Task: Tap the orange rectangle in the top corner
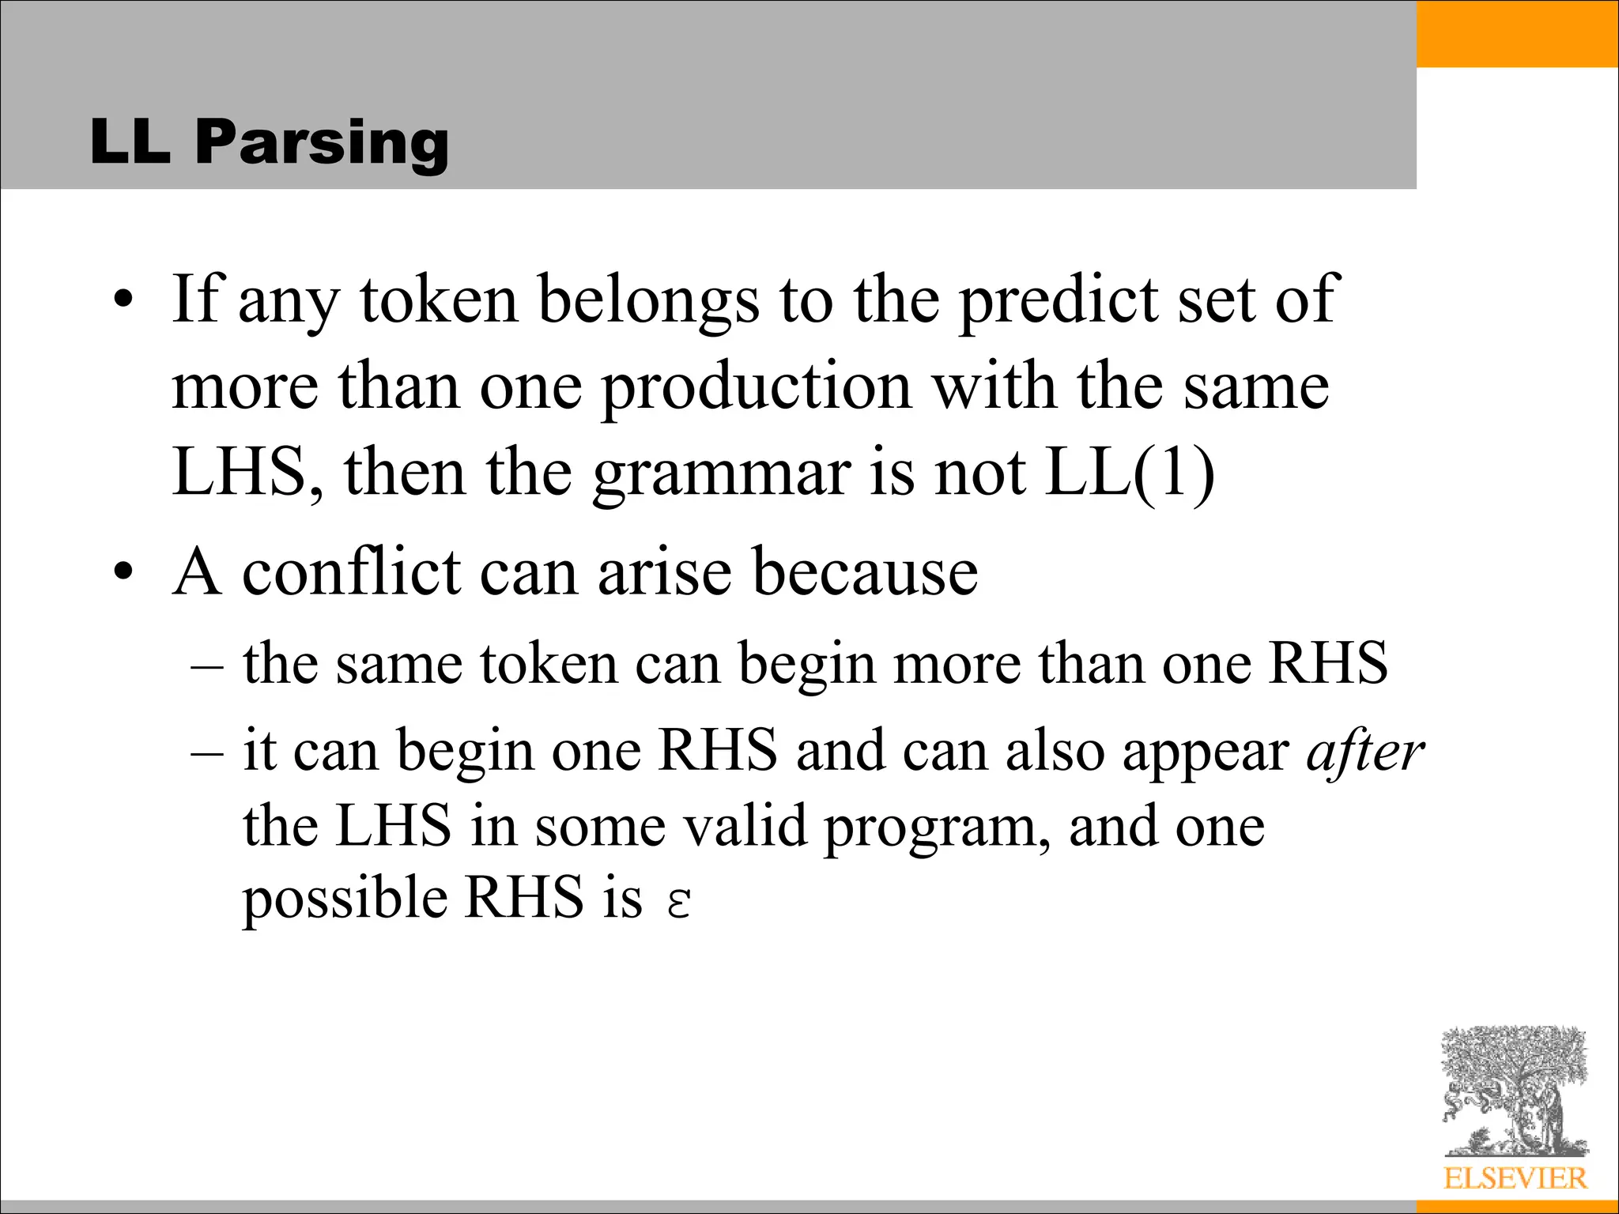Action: tap(1517, 33)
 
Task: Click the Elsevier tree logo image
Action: tap(1515, 1091)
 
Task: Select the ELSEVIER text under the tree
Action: tap(1515, 1178)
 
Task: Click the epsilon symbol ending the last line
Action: tap(679, 901)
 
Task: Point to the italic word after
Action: tap(1364, 751)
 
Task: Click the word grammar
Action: tap(722, 473)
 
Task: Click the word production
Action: tap(756, 387)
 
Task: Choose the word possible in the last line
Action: tap(344, 899)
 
